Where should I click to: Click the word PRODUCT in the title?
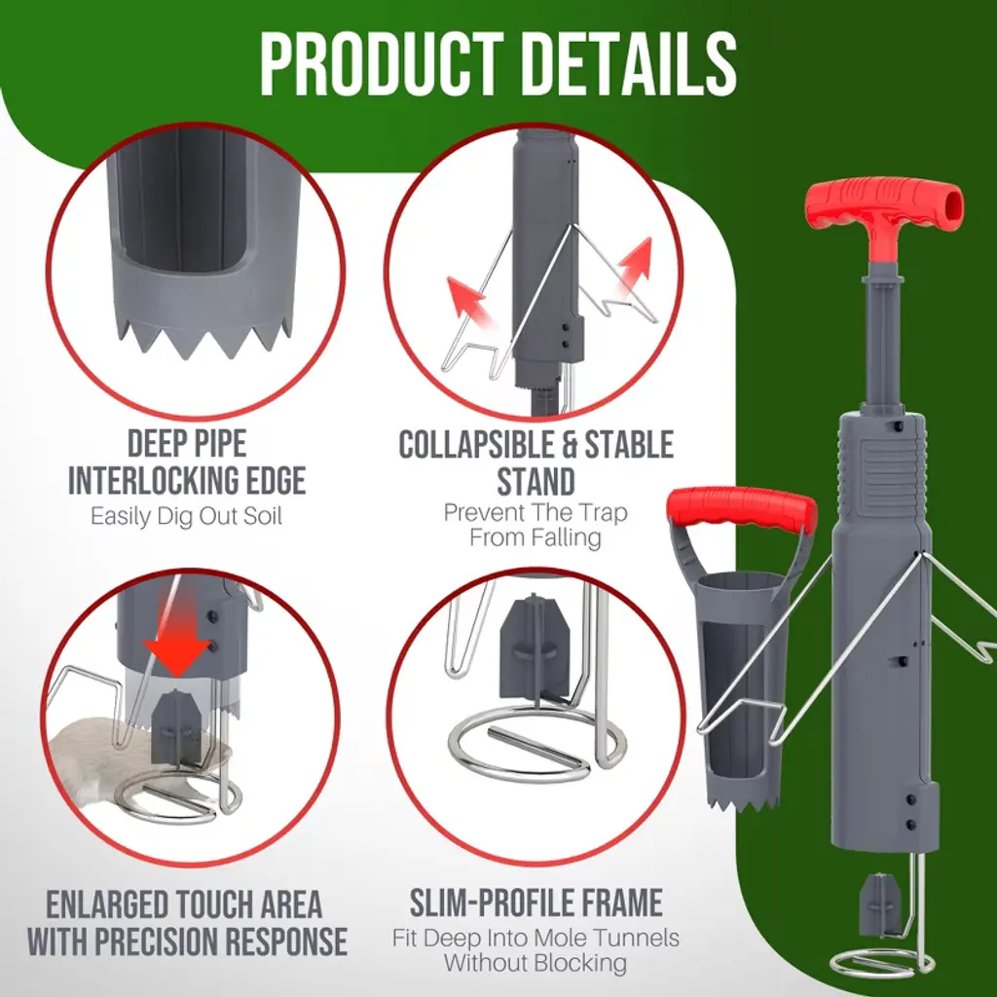(382, 64)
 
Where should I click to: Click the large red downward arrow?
(177, 643)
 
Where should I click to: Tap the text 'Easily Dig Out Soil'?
(186, 516)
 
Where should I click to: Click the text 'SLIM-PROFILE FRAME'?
(536, 903)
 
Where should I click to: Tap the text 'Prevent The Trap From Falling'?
(535, 525)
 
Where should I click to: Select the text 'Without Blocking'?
(535, 963)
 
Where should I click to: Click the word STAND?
(535, 481)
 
